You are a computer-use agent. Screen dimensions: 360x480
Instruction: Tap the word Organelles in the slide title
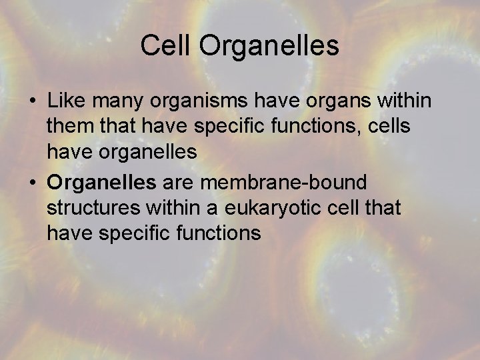pyautogui.click(x=269, y=46)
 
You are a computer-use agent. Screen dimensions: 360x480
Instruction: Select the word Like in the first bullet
pyautogui.click(x=65, y=101)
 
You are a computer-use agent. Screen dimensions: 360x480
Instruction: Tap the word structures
pyautogui.click(x=94, y=207)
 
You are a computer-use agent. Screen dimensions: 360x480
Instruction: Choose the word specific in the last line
pyautogui.click(x=131, y=233)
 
